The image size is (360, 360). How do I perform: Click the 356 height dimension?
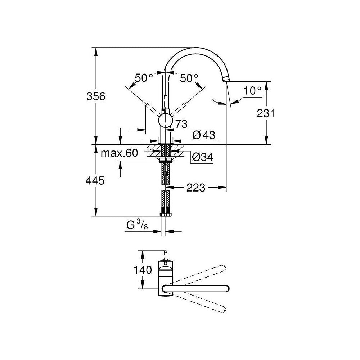coord(96,96)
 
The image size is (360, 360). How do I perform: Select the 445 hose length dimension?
coord(95,181)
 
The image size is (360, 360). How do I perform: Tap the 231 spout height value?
coord(266,113)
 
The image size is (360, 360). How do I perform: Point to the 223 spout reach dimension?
coord(195,188)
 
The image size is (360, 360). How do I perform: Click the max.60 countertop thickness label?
coord(119,153)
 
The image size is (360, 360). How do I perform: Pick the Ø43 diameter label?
coord(204,135)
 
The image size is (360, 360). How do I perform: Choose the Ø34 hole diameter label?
coord(202,157)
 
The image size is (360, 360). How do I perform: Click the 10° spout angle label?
coord(252,91)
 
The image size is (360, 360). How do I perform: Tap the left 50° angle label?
coord(144,78)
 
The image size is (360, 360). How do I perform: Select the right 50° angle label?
coord(189,78)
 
